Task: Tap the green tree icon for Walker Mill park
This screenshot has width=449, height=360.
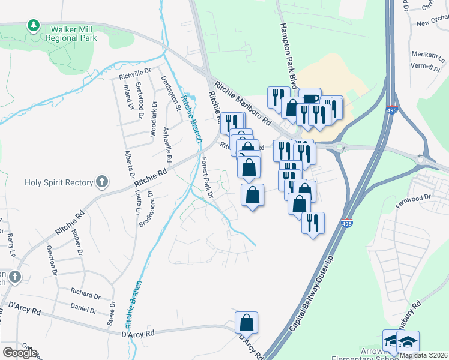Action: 33,26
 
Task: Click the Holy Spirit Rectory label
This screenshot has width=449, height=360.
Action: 59,182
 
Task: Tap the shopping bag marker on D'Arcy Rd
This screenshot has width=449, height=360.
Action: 247,323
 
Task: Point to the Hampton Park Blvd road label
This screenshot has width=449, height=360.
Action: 289,57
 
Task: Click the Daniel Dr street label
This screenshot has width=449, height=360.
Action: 83,309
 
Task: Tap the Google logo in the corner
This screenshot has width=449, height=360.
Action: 20,353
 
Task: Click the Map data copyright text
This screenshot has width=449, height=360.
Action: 423,355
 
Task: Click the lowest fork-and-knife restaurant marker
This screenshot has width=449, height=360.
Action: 313,223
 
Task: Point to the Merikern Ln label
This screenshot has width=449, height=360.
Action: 427,53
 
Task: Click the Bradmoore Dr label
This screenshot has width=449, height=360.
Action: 146,209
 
